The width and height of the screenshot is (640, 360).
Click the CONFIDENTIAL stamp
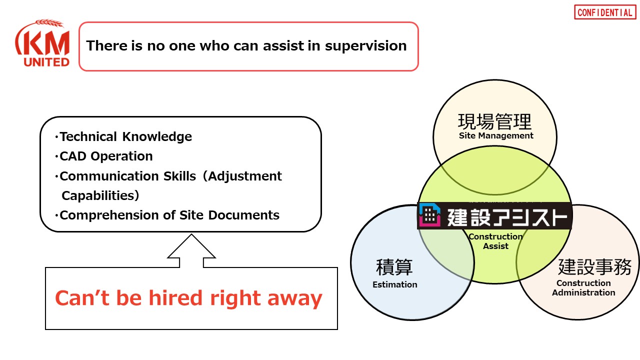tap(605, 12)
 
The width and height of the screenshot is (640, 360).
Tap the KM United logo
tap(42, 43)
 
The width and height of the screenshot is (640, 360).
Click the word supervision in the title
tap(365, 46)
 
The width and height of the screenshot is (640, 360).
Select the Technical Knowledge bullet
tap(123, 137)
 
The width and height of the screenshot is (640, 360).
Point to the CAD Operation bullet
tap(103, 156)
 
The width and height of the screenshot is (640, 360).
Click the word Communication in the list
tap(109, 176)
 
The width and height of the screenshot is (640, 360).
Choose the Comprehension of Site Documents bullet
tap(167, 215)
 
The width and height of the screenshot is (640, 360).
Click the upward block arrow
tap(191, 250)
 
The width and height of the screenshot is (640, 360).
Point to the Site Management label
tap(496, 135)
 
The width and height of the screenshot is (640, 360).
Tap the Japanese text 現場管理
tap(495, 121)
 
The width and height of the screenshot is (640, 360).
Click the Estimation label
tap(395, 284)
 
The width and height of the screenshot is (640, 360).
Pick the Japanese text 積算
tap(394, 267)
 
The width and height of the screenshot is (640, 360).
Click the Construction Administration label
tap(583, 287)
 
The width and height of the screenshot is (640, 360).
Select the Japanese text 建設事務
tap(595, 267)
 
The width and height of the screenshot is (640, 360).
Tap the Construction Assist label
tap(495, 241)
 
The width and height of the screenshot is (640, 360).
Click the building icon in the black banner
tap(429, 215)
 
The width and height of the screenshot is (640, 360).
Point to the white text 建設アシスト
tap(507, 217)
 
